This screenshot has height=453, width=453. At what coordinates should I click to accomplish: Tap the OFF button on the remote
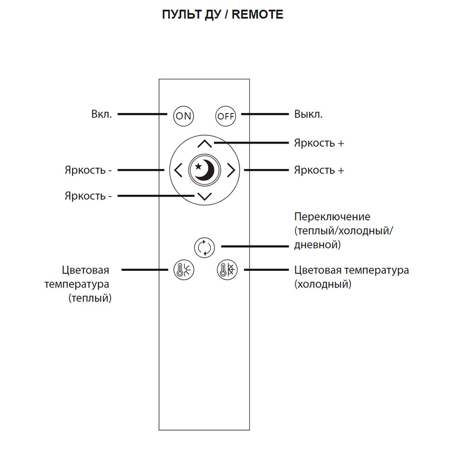pyautogui.click(x=225, y=116)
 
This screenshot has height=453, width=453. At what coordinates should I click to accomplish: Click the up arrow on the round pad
pyautogui.click(x=205, y=145)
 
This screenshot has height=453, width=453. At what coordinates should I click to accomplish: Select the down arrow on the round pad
pyautogui.click(x=205, y=197)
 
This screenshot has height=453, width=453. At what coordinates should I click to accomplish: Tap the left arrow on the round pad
pyautogui.click(x=178, y=170)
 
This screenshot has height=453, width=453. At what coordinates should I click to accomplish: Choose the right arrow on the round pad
pyautogui.click(x=231, y=170)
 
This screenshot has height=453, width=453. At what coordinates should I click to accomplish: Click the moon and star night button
pyautogui.click(x=204, y=170)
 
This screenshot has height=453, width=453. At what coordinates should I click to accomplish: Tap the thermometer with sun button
pyautogui.click(x=183, y=270)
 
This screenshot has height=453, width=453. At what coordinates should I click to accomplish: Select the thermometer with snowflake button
pyautogui.click(x=226, y=270)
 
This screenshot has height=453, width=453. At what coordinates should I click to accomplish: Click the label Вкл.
pyautogui.click(x=101, y=114)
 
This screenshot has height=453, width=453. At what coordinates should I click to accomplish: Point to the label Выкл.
pyautogui.click(x=308, y=114)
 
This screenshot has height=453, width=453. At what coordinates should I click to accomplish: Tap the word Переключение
pyautogui.click(x=332, y=216)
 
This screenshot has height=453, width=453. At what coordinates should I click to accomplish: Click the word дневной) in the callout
pyautogui.click(x=317, y=245)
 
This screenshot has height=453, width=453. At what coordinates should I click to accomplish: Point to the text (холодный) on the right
pyautogui.click(x=323, y=284)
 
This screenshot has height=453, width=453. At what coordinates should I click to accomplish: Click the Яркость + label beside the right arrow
pyautogui.click(x=319, y=170)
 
